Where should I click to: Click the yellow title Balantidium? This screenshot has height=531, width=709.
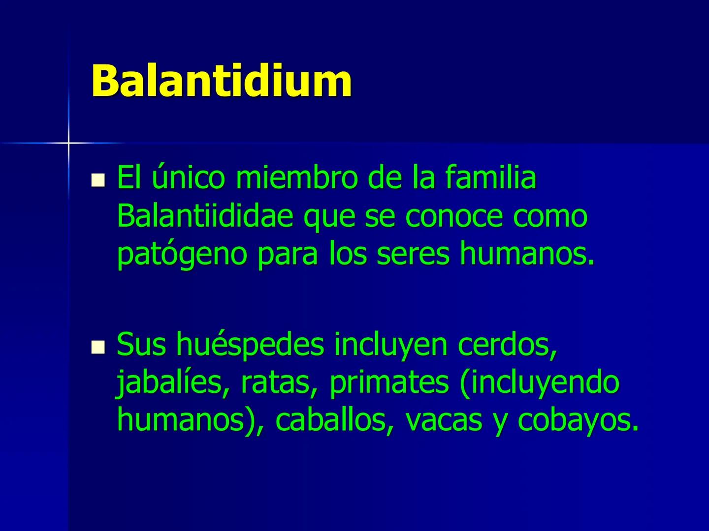(222, 80)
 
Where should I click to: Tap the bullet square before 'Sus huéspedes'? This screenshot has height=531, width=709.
(98, 348)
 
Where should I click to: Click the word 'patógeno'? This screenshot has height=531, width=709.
(182, 255)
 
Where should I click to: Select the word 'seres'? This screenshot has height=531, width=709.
(413, 255)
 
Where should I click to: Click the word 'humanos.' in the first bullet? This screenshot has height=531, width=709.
(527, 255)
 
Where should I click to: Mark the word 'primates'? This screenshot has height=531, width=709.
(389, 383)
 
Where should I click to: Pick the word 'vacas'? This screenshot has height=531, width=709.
(443, 420)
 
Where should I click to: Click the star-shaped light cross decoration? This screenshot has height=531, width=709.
(68, 143)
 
